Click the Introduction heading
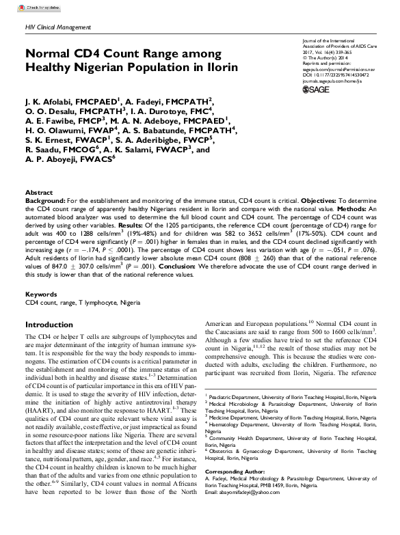coord(49,325)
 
